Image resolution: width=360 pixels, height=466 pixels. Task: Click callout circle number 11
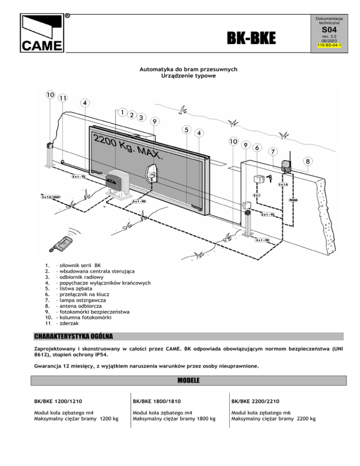click(x=62, y=98)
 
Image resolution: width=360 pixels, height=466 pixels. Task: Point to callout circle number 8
click(x=307, y=162)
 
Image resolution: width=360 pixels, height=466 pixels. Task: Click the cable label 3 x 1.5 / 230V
click(x=51, y=197)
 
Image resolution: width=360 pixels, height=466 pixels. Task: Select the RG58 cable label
click(x=293, y=199)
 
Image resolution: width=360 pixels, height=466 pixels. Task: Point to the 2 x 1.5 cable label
click(x=283, y=184)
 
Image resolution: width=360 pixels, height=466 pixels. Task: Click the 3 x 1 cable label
click(x=257, y=195)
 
